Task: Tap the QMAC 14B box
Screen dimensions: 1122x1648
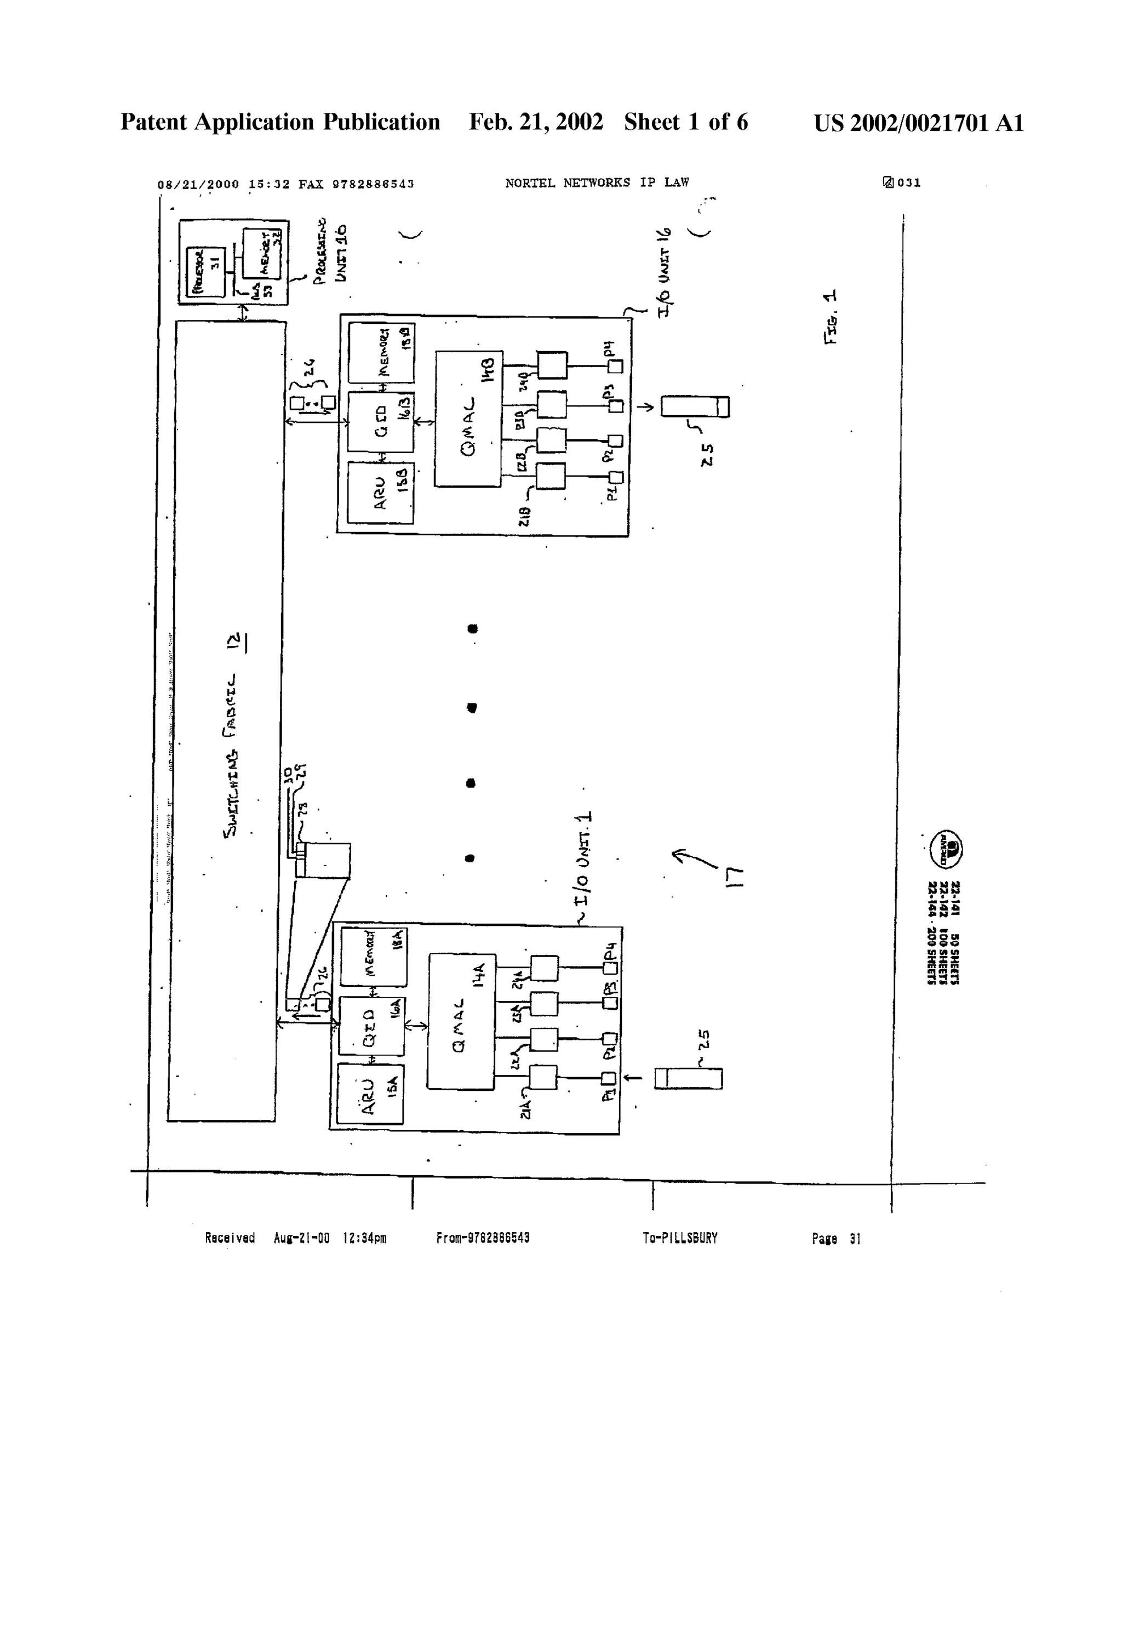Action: (468, 419)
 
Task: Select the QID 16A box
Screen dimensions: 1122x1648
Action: (371, 1026)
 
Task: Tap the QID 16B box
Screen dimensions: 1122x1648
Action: (380, 422)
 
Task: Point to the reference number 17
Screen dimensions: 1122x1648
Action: (734, 877)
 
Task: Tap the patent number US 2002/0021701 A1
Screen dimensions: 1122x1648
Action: (918, 123)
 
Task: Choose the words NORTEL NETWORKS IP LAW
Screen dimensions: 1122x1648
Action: (597, 183)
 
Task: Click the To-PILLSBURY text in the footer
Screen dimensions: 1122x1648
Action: (679, 1238)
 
